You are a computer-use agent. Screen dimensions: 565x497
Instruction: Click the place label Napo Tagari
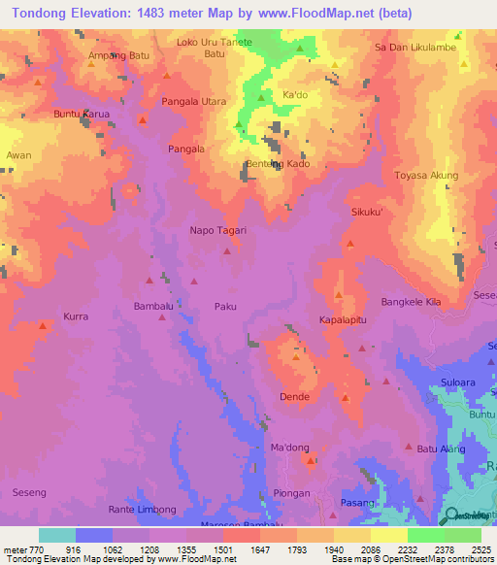coord(217,231)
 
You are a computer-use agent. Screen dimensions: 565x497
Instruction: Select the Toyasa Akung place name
coord(426,176)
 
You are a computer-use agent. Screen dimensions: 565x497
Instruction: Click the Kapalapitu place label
coord(343,318)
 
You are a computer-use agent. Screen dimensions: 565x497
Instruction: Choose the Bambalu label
coord(152,306)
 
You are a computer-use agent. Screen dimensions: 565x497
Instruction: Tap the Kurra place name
coord(76,316)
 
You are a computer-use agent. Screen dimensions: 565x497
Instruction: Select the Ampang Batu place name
coord(117,54)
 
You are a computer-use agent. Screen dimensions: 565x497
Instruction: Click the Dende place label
coord(294,397)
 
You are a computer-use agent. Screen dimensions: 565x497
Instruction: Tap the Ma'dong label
coord(288,448)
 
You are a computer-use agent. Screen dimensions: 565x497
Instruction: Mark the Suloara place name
coord(458,382)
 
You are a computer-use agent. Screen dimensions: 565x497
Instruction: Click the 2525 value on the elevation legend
coord(480,549)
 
